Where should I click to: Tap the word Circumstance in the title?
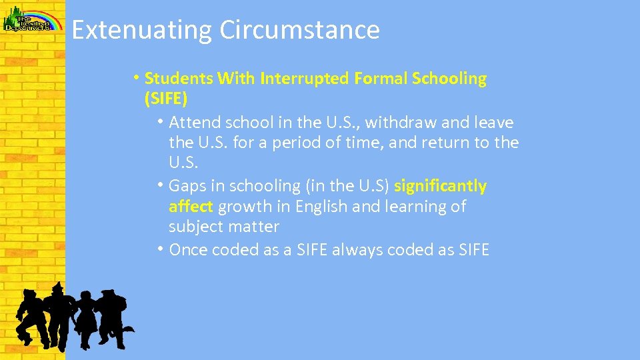pyautogui.click(x=299, y=31)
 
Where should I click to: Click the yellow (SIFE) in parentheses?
pyautogui.click(x=166, y=99)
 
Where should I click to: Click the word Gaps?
pyautogui.click(x=189, y=186)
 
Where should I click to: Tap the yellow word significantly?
pyautogui.click(x=440, y=186)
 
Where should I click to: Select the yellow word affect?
pyautogui.click(x=191, y=207)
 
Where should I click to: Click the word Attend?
pyautogui.click(x=194, y=123)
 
